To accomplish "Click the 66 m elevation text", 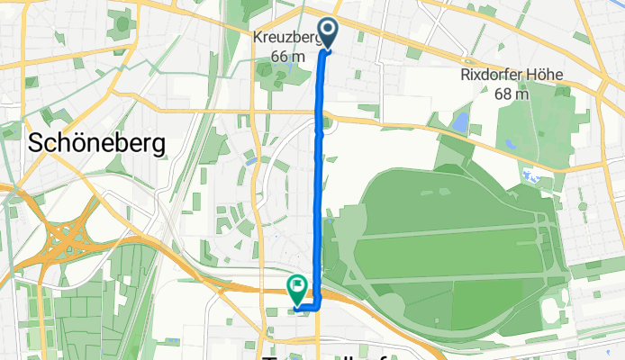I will (x=286, y=56).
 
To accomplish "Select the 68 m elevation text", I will (x=511, y=93).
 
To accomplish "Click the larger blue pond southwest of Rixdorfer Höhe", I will (x=462, y=121).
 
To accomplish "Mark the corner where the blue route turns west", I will (x=319, y=307).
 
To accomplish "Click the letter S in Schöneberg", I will (x=38, y=142).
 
